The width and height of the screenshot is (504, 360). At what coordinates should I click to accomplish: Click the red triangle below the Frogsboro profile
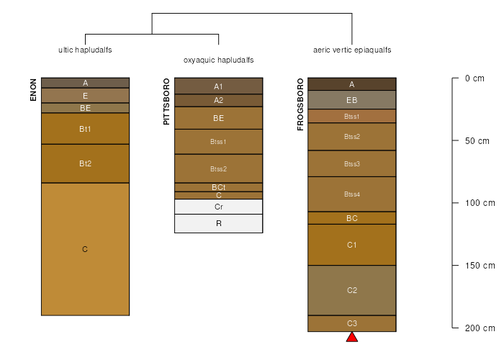(x=352, y=337)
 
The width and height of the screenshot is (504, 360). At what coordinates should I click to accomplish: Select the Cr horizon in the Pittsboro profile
(x=218, y=207)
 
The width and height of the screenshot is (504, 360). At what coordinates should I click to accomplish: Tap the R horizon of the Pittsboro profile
(x=218, y=223)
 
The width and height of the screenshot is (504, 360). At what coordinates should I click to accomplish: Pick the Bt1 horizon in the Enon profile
(x=85, y=129)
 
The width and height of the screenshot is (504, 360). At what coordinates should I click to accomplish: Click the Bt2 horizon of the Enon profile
(x=85, y=163)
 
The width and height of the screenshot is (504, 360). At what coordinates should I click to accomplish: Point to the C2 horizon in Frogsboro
(x=352, y=290)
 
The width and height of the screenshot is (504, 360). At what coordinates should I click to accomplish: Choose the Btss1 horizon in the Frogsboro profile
(x=352, y=116)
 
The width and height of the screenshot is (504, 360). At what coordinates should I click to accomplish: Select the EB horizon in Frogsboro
(x=352, y=100)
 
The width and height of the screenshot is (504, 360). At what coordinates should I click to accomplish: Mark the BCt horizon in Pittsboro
(x=218, y=187)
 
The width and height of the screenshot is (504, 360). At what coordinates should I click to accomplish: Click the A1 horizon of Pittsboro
(x=218, y=86)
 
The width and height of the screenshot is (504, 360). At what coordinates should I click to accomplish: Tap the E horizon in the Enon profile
(x=85, y=95)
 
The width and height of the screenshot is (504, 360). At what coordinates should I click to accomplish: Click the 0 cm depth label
(x=475, y=78)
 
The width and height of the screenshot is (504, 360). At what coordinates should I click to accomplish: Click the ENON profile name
(x=33, y=89)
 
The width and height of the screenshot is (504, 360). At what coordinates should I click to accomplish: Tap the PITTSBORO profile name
(x=166, y=102)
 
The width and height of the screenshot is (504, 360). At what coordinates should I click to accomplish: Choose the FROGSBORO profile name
(x=300, y=104)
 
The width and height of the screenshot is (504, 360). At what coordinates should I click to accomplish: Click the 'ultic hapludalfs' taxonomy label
(x=85, y=50)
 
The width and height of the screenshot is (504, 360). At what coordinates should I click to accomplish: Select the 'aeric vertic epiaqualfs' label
(x=352, y=50)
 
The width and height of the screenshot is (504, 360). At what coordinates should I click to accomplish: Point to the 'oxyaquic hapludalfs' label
(x=218, y=60)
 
